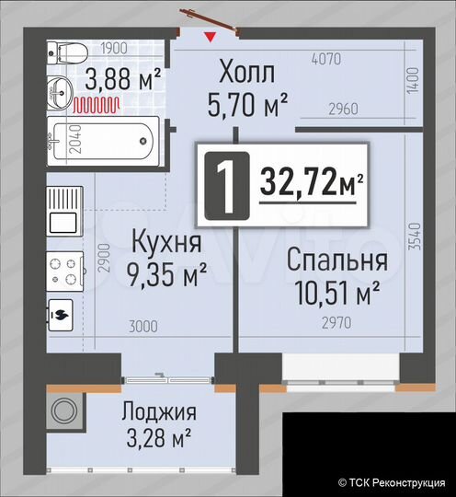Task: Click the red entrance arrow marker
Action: point(212,37)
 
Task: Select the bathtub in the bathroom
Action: point(102,141)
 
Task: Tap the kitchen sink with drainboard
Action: point(64,209)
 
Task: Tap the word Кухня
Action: point(165,243)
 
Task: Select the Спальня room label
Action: point(336,261)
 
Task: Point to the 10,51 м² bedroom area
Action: point(337,294)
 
